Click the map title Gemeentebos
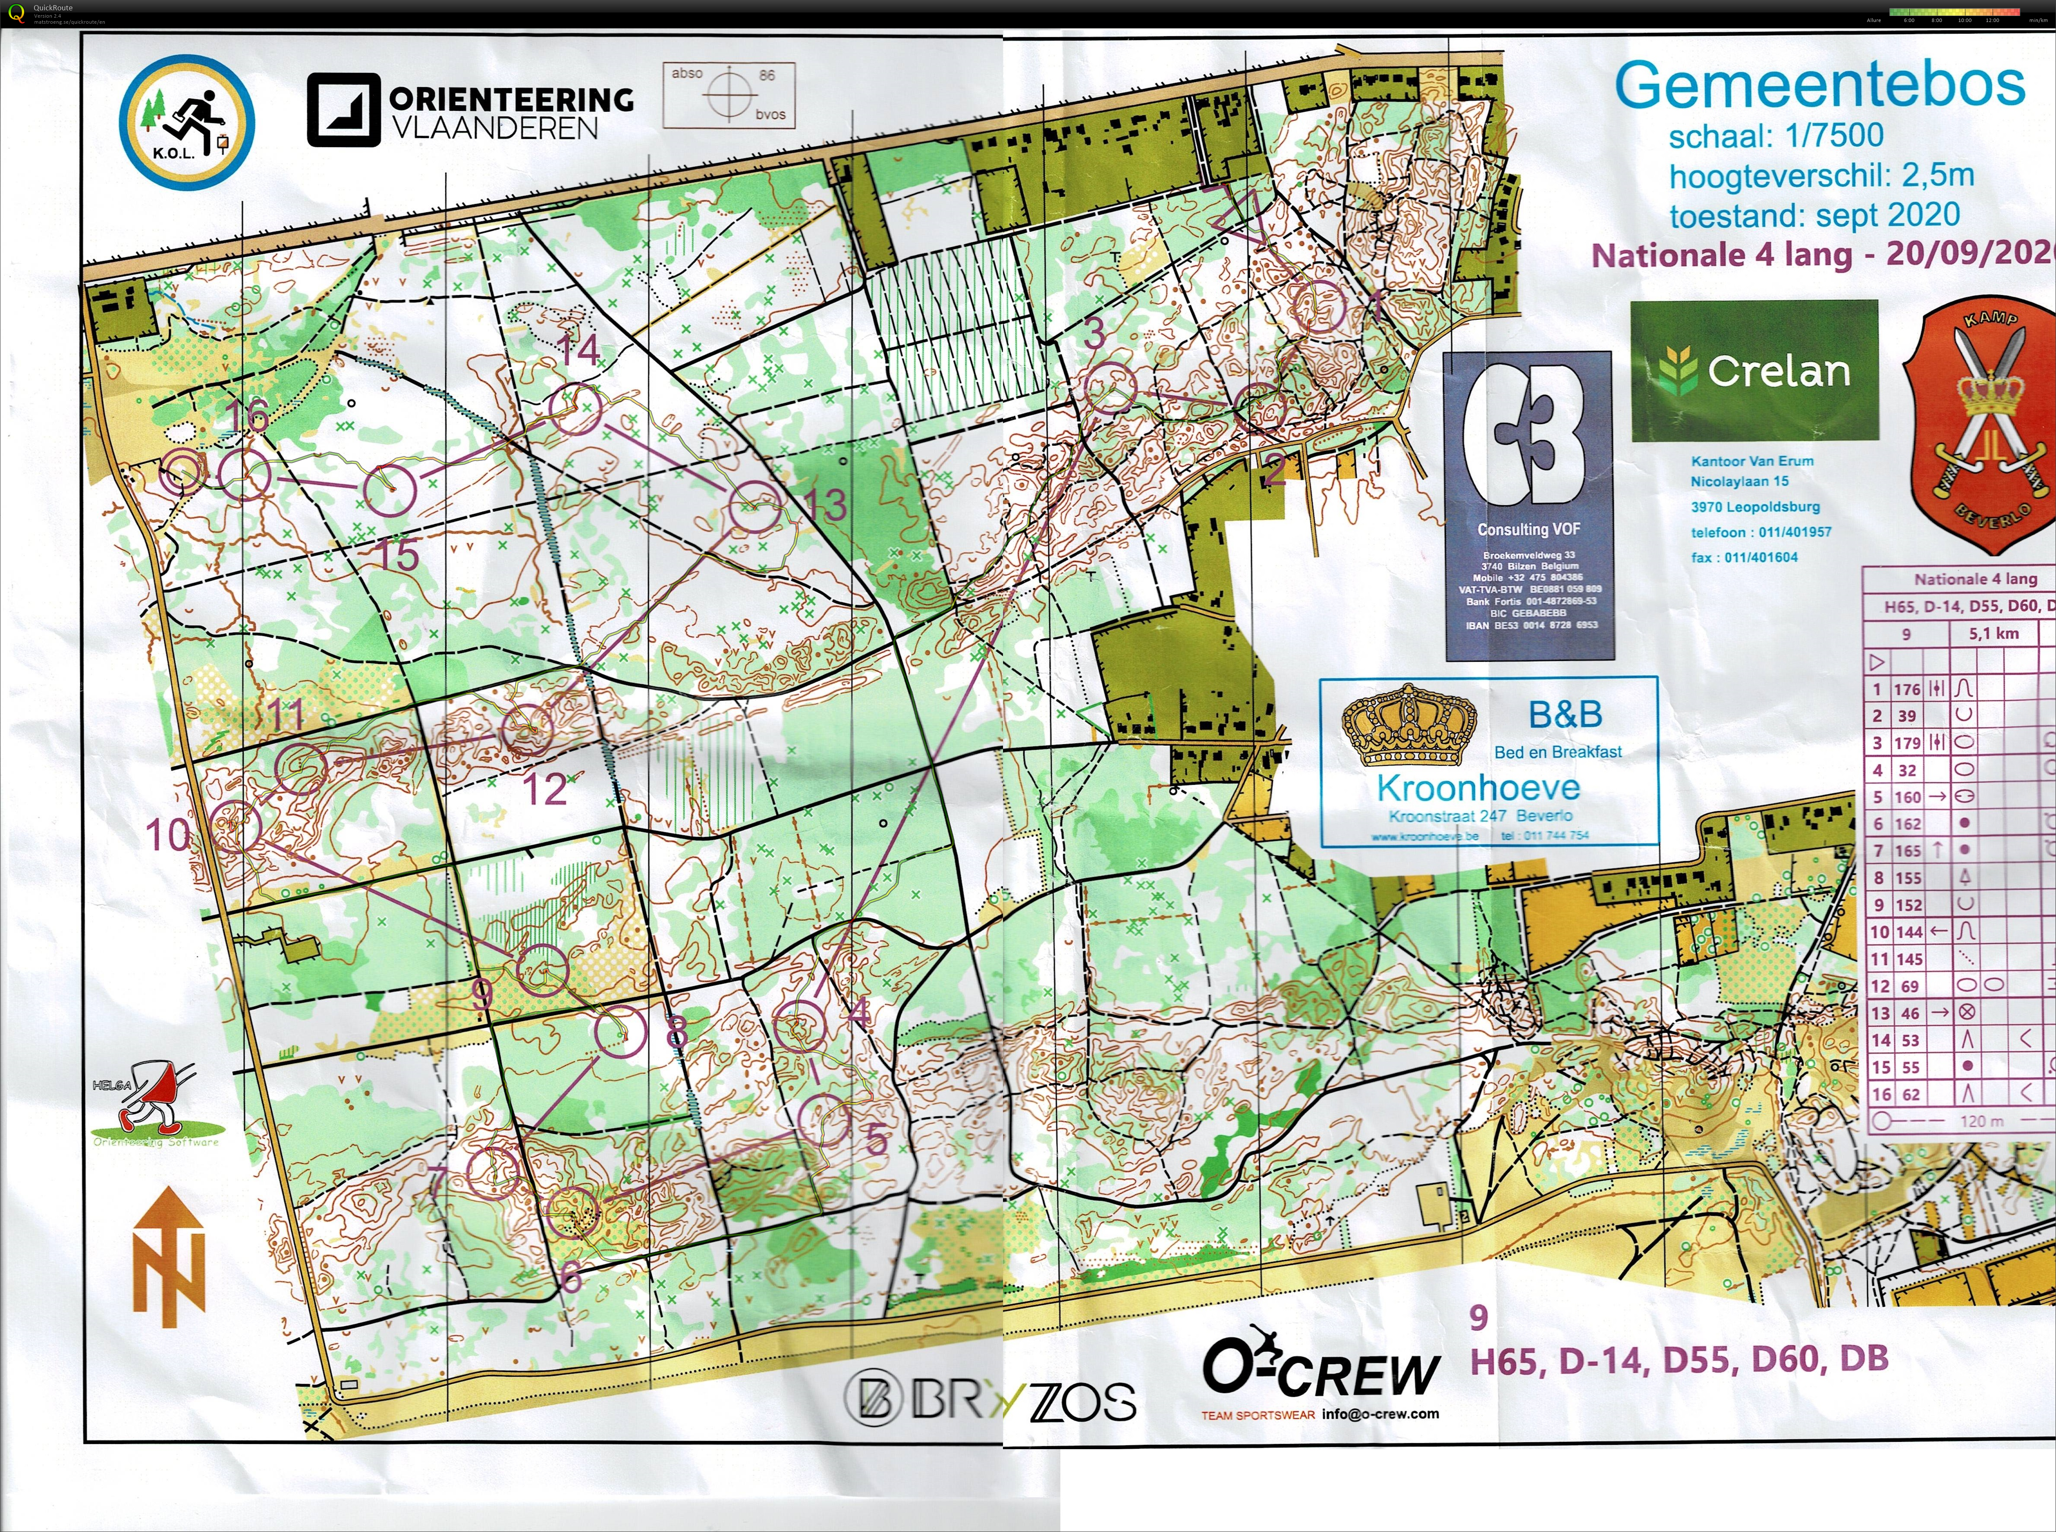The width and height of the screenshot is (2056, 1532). [x=1820, y=85]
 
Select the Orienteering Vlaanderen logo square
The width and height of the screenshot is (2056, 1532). [x=343, y=110]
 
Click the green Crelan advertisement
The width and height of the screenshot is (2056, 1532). [x=1754, y=370]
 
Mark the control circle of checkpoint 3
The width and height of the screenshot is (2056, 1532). [x=1110, y=387]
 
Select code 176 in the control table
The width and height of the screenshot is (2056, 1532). [x=1907, y=689]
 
